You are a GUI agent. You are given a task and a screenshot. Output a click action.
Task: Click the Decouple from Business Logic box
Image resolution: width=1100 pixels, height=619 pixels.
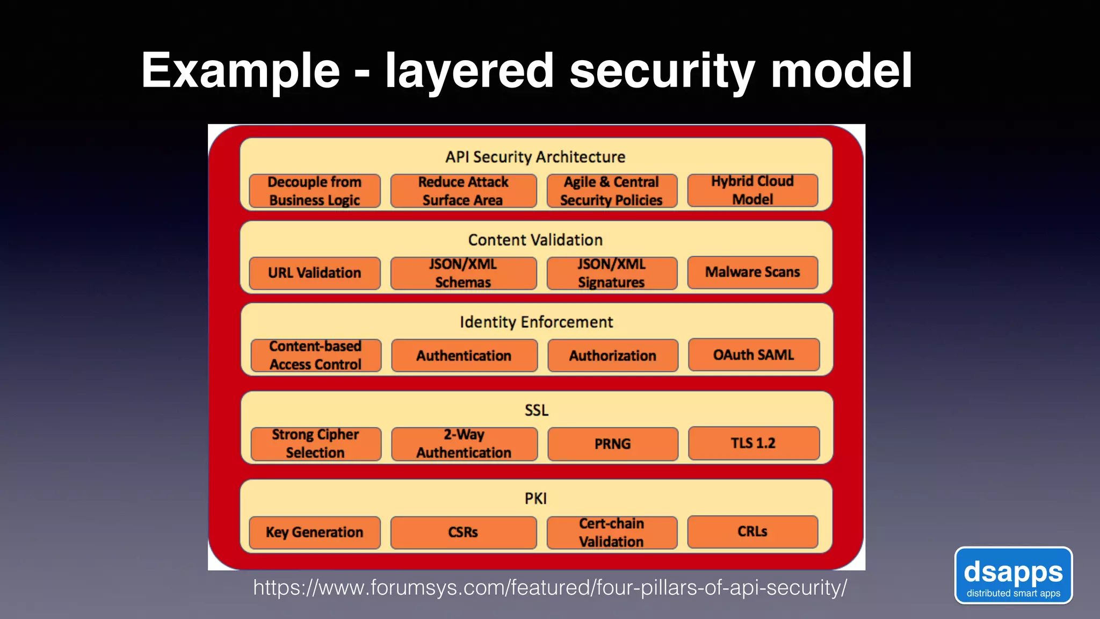(x=315, y=191)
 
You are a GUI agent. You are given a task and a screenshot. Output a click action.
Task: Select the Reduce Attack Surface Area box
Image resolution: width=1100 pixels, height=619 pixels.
(x=463, y=191)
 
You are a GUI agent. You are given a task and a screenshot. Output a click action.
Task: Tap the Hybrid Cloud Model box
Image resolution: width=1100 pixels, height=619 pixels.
(x=752, y=190)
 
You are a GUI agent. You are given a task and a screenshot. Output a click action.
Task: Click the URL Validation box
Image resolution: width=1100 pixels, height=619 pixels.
(x=315, y=273)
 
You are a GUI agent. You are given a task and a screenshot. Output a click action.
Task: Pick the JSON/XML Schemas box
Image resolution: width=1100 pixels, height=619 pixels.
(x=463, y=273)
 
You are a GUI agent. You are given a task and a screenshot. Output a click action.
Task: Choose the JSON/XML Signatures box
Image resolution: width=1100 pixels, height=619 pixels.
(x=612, y=273)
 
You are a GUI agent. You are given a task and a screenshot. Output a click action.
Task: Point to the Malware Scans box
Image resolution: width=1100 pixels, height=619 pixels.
(x=752, y=272)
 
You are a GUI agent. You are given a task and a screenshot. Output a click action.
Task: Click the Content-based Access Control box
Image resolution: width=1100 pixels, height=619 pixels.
(x=316, y=355)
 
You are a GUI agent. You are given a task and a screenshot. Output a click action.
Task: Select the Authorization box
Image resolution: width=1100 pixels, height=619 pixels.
(x=613, y=356)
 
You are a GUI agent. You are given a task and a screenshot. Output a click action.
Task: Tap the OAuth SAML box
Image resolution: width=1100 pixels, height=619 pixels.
(x=754, y=355)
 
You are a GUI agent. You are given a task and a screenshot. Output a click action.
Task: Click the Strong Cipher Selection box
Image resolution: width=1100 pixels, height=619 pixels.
(x=316, y=443)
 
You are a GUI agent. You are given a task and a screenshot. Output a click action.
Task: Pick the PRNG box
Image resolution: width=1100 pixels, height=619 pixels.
(x=613, y=444)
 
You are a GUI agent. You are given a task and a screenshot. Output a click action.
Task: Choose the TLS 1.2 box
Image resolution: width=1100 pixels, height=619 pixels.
(x=754, y=443)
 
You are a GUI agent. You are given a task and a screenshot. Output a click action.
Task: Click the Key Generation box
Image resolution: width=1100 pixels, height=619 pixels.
(x=315, y=532)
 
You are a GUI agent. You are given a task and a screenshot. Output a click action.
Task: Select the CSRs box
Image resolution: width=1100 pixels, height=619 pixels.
(x=463, y=532)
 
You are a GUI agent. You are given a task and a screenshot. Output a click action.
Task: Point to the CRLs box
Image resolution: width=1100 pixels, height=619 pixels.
(x=752, y=531)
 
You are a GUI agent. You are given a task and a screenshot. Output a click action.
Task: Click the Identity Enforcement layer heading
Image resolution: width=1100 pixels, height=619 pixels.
(x=536, y=322)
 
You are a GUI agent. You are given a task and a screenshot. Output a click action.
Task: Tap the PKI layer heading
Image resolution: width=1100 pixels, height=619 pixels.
(x=536, y=499)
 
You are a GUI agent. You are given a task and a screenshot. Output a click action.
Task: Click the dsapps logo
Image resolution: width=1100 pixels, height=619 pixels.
(x=1013, y=575)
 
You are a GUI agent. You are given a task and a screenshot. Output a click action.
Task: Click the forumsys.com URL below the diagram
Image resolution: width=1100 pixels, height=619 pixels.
(x=549, y=588)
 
